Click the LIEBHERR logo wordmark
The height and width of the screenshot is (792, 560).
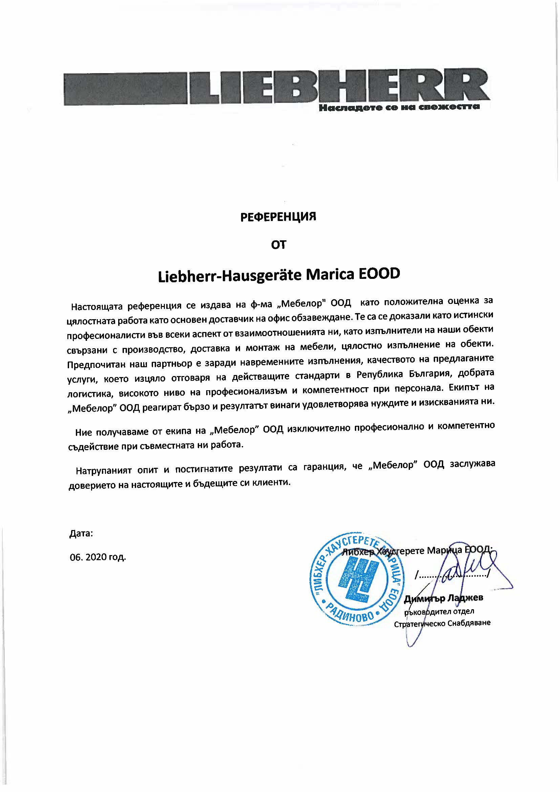coord(340,87)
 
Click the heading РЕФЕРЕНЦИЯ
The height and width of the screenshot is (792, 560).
coord(278,217)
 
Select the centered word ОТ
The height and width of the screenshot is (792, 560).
coord(278,245)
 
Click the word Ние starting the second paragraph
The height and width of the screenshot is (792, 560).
coord(83,433)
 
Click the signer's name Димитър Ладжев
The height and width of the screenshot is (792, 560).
coord(444,598)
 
